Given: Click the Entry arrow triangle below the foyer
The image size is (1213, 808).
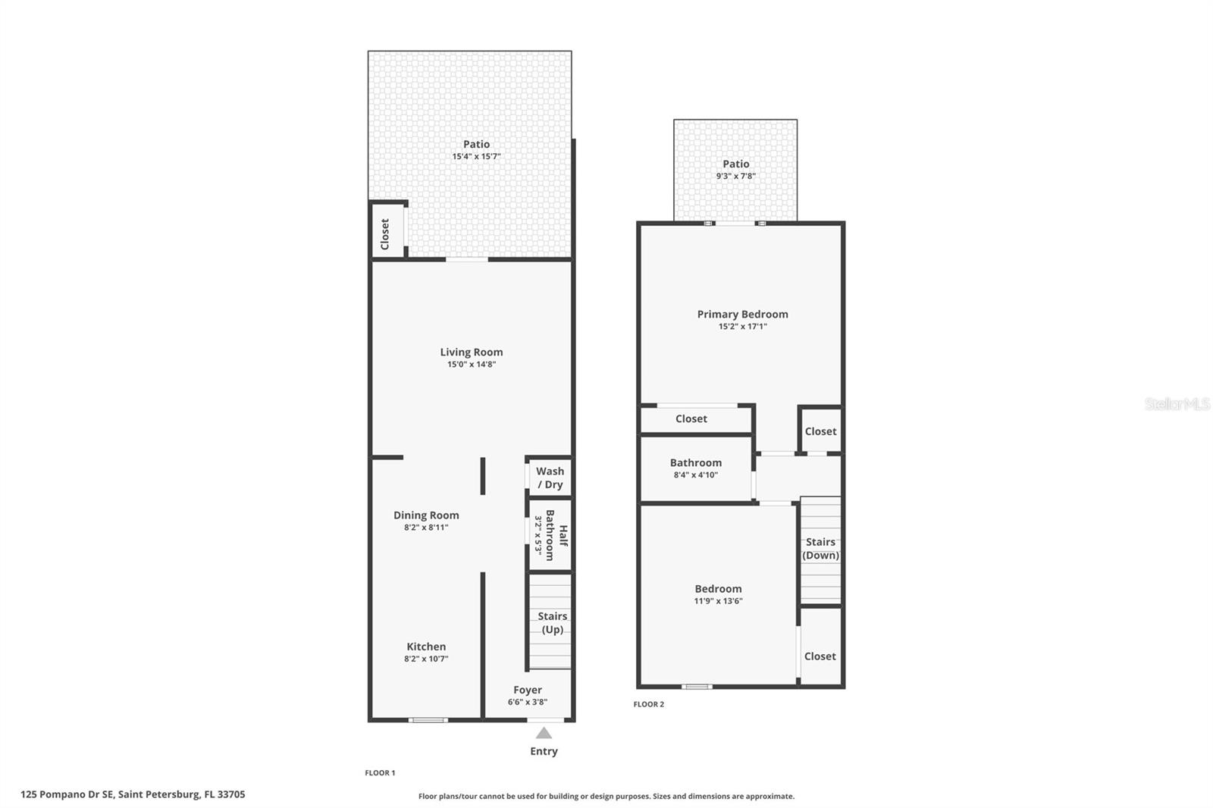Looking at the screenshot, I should coord(544,733).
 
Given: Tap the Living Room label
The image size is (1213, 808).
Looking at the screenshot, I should coord(471,352).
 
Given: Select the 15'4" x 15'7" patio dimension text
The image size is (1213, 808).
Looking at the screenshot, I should coord(476,157).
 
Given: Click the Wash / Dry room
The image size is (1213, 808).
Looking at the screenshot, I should coord(550,478).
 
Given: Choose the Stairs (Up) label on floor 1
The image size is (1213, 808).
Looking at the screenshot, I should coord(552,623).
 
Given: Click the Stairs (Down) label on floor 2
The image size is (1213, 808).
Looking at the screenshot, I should coord(820,548).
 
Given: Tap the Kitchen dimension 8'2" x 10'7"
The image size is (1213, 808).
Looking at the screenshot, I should coord(426,659).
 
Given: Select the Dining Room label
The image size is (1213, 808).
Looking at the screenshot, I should coord(426,515).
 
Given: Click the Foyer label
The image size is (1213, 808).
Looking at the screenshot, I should coord(528,690).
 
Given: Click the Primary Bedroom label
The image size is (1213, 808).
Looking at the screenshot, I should coord(742,314).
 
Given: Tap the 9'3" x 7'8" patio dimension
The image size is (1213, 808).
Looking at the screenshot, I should coord(735,177).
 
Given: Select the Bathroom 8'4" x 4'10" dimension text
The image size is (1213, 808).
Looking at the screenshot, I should coord(695,475).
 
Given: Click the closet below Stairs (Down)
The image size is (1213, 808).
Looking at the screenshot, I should coord(820,656).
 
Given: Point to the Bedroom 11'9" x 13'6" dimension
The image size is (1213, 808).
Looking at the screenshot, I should coord(718,601).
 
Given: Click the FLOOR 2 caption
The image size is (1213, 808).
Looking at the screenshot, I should coord(648,704).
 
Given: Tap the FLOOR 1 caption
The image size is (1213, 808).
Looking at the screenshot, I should coord(380,773).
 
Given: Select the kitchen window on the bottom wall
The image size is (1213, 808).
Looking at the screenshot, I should coord(428,719).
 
